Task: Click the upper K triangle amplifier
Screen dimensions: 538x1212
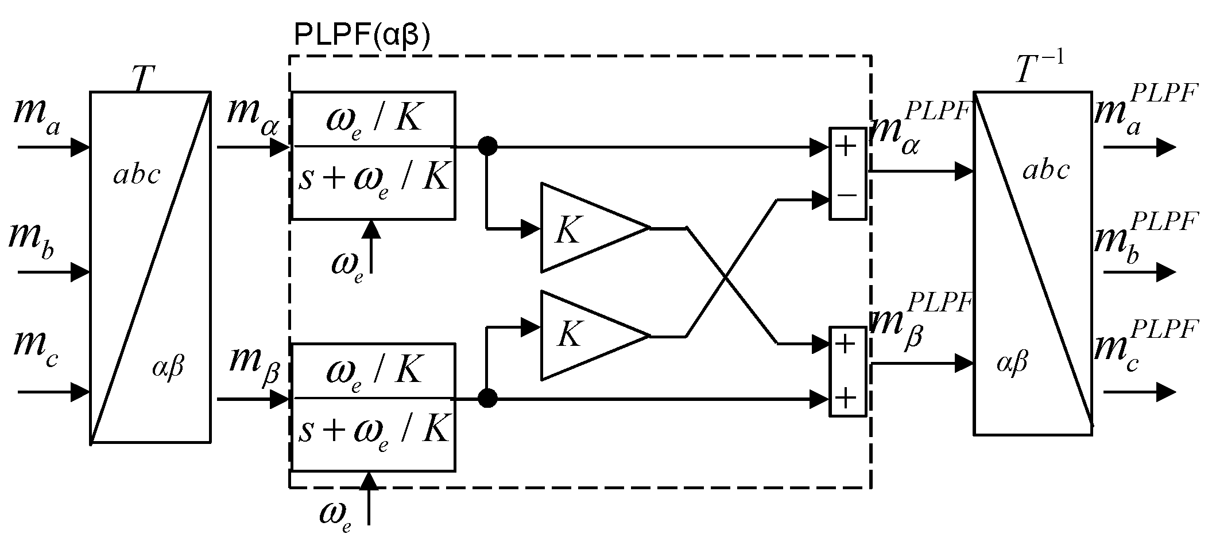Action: tap(586, 228)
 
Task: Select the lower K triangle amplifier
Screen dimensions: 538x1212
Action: tap(586, 336)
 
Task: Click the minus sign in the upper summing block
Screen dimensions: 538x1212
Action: tap(847, 196)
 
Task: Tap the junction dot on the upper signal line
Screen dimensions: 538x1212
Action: tap(487, 147)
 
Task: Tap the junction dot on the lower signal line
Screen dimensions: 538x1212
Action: tap(487, 397)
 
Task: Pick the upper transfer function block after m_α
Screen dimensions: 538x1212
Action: tap(373, 155)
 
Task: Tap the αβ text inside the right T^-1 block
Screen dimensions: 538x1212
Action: tap(1012, 363)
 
